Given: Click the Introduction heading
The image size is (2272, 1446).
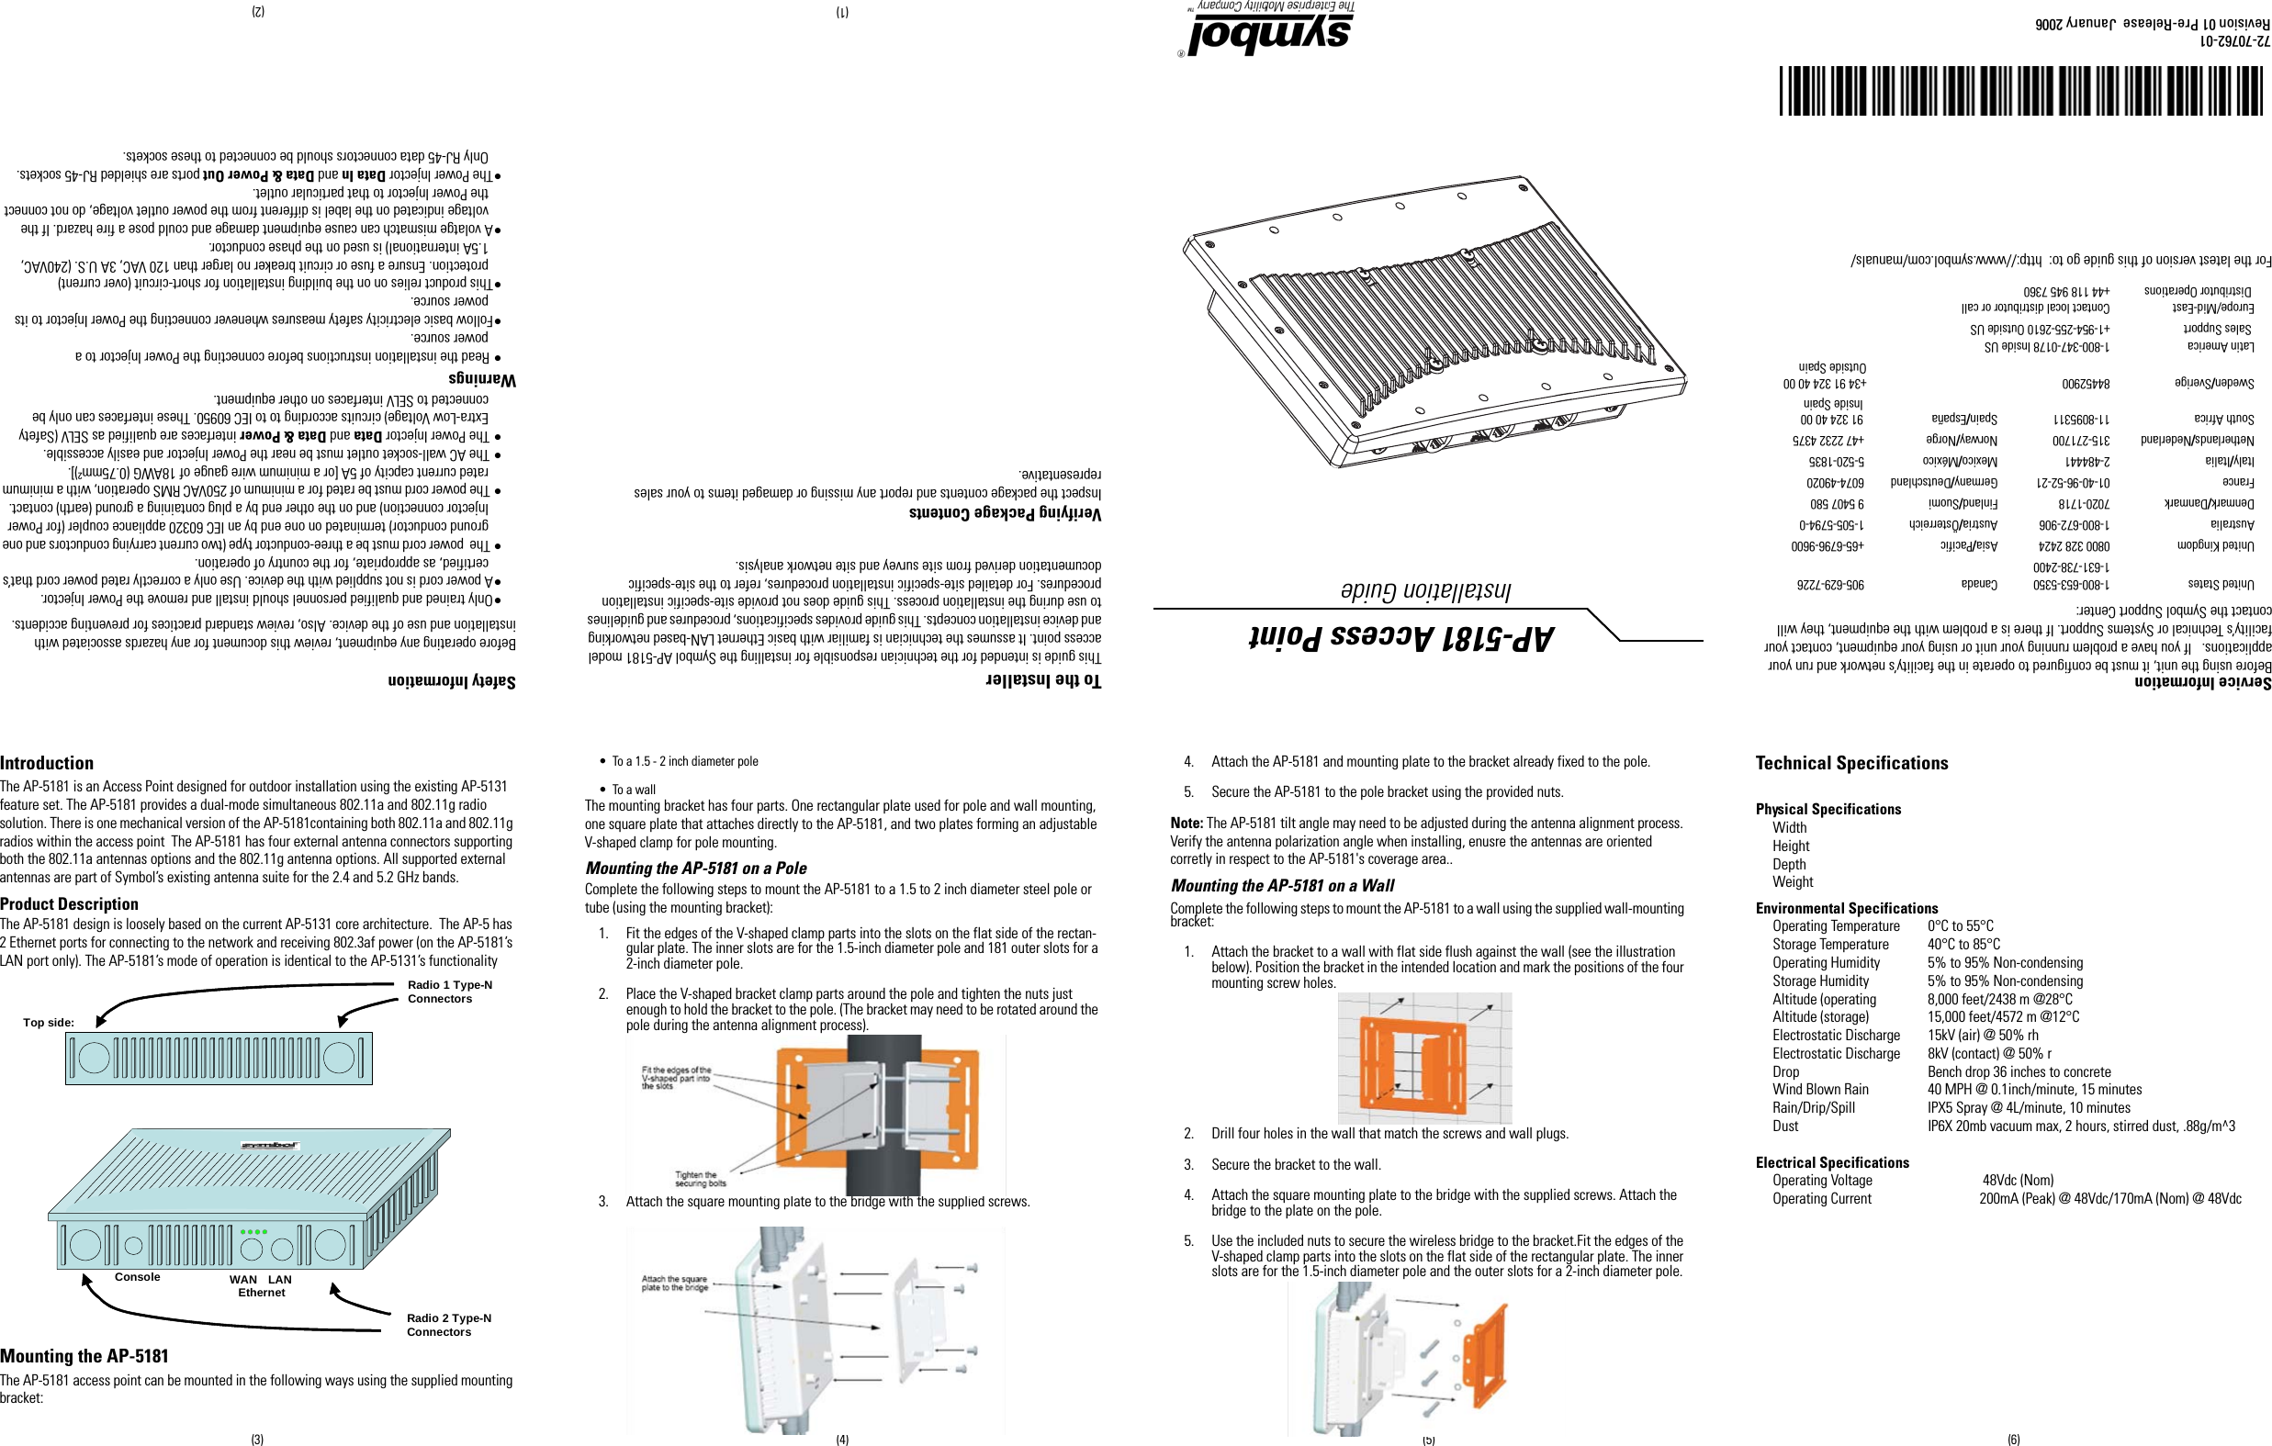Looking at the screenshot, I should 47,763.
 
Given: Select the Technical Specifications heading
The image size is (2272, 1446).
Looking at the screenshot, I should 1851,763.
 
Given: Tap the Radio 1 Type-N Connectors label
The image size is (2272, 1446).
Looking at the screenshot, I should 449,992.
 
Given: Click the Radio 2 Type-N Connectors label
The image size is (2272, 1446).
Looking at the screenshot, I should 448,1324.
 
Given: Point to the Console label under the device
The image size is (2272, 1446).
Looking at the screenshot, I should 138,1277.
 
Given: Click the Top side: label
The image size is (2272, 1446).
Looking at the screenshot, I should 48,1023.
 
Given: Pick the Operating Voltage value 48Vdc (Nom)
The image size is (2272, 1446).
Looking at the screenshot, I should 2018,1180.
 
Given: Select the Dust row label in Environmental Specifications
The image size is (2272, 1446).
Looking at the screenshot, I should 1785,1127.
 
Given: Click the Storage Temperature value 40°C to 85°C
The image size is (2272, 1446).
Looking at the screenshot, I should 1963,944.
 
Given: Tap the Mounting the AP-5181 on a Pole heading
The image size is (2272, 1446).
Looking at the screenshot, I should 695,868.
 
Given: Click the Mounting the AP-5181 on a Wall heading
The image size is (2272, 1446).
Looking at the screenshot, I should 1282,886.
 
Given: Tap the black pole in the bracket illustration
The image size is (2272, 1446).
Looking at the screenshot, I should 883,1113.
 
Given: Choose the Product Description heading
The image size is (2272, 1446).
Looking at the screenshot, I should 70,903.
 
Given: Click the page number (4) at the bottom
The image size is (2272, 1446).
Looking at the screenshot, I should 841,1440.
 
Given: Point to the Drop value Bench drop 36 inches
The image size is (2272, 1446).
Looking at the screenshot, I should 2019,1071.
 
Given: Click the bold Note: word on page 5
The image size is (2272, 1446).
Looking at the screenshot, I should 1186,824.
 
